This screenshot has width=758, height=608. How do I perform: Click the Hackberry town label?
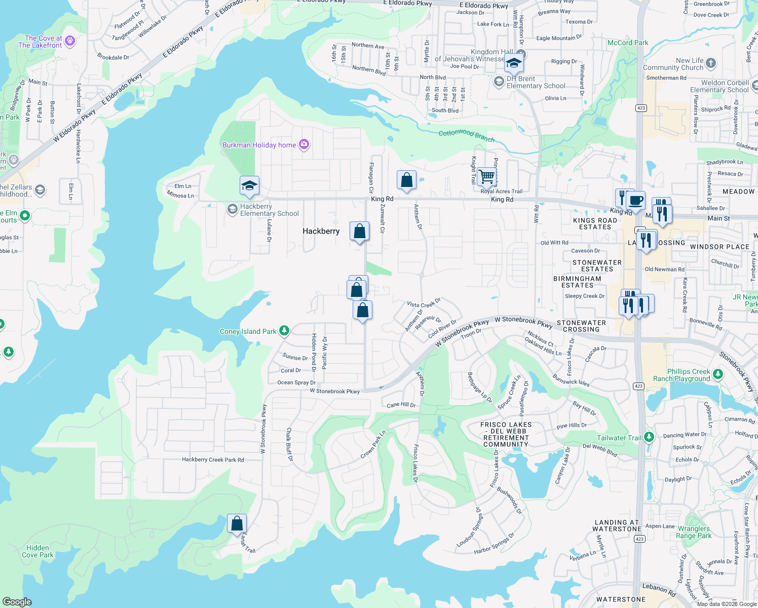point(321,231)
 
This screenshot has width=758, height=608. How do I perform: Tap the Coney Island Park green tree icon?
point(284,331)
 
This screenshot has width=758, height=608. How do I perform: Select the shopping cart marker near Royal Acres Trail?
point(486,177)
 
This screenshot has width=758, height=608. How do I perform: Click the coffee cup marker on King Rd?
point(635,200)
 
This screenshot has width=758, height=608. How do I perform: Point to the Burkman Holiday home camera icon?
point(304,145)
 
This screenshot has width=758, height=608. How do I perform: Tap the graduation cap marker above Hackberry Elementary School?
point(249,185)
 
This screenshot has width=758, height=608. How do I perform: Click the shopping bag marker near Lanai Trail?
point(237,524)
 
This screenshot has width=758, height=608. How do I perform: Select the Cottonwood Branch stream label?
point(466,135)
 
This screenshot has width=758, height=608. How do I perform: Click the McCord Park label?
point(628,43)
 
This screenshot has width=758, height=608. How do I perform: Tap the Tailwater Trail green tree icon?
point(649,437)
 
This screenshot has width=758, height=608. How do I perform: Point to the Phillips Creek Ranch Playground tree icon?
point(717,374)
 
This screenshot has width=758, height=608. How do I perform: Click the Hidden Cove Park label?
point(37,551)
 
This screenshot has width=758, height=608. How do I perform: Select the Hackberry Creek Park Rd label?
point(213,460)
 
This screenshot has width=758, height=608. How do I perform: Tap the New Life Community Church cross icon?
point(711,63)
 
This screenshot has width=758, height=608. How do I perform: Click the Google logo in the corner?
point(17,602)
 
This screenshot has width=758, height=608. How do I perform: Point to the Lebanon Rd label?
point(659,589)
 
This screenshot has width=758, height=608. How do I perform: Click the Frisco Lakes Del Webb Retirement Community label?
point(506,434)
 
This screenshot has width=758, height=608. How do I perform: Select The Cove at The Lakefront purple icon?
point(70,41)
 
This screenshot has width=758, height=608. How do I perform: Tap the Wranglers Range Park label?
point(694,532)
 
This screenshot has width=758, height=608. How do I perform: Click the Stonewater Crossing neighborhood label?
point(581,326)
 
